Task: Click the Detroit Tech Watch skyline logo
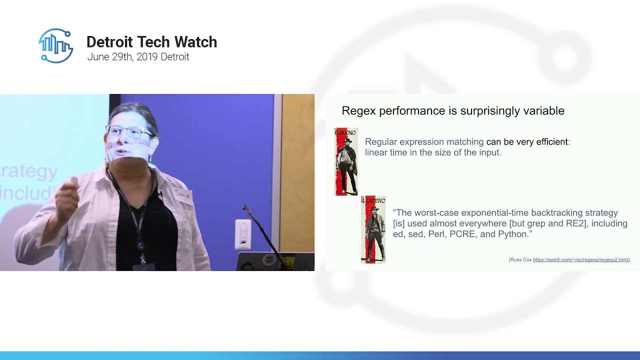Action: (x=56, y=45)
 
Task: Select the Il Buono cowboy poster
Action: (x=346, y=161)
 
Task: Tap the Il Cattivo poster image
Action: (x=373, y=229)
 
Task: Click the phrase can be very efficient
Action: (x=527, y=142)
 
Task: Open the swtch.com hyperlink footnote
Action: (x=581, y=260)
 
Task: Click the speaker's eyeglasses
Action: (x=129, y=132)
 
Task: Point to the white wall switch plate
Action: (x=243, y=234)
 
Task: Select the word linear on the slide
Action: (x=375, y=152)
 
